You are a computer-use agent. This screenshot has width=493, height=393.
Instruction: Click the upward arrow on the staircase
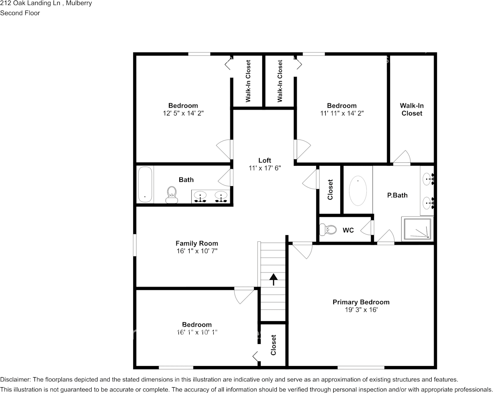click(x=273, y=279)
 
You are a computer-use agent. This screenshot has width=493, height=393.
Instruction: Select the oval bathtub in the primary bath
click(x=358, y=191)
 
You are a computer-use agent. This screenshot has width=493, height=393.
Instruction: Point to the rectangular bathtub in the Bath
click(x=145, y=184)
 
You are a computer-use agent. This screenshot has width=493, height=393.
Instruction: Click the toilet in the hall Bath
click(x=171, y=194)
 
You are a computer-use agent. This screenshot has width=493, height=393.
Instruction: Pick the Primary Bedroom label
click(x=361, y=302)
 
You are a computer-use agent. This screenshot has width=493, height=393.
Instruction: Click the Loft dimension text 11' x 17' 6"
click(x=264, y=168)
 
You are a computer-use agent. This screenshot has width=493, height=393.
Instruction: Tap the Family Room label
click(x=196, y=243)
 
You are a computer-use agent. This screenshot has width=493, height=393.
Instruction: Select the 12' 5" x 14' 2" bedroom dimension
click(x=183, y=113)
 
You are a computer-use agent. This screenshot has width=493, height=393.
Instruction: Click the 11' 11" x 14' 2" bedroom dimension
click(x=341, y=113)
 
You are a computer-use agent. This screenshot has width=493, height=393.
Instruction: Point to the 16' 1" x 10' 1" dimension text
click(x=197, y=332)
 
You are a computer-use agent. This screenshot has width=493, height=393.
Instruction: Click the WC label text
click(x=348, y=230)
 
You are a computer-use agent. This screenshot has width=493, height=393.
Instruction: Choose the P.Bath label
click(x=397, y=195)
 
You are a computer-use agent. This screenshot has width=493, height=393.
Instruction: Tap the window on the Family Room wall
click(x=134, y=245)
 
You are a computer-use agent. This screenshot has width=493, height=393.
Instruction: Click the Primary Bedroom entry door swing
click(x=302, y=250)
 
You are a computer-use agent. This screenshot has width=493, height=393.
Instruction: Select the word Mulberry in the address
click(x=80, y=3)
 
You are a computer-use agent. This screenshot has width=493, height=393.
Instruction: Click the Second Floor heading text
click(x=20, y=13)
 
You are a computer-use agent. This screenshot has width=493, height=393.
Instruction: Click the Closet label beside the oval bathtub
click(x=330, y=189)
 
